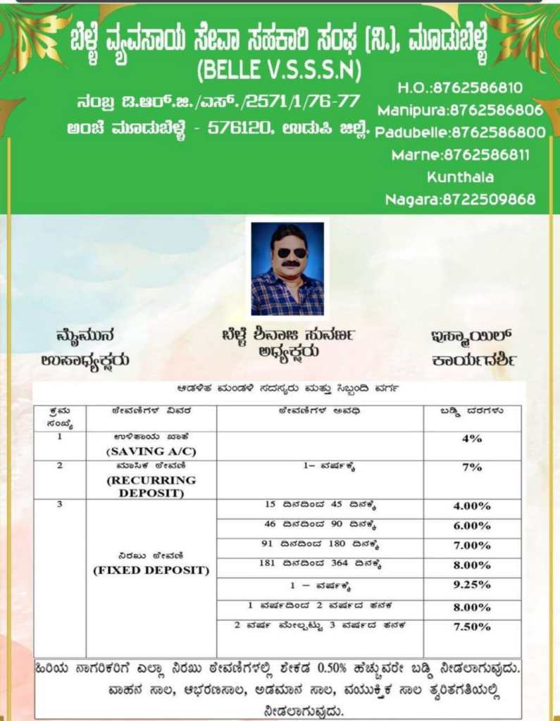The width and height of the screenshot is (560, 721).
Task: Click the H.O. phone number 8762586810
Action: point(460,88)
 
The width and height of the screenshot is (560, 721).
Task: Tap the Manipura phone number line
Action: point(460,110)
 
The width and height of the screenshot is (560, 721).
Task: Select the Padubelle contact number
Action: point(460,132)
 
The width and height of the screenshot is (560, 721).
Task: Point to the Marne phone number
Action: point(460,154)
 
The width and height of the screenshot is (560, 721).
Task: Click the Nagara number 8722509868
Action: point(460,199)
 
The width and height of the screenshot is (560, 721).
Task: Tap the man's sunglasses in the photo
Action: point(287,253)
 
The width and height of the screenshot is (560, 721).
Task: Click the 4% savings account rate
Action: point(472,439)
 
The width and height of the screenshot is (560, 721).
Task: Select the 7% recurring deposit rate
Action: point(472,467)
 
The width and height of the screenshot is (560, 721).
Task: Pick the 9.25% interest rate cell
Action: point(472,584)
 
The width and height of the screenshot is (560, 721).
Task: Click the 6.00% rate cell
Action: point(472,525)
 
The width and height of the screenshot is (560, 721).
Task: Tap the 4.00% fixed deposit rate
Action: point(472,506)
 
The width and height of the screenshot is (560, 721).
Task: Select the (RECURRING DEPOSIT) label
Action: point(151,486)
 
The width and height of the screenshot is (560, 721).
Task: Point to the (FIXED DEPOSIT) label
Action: point(151,570)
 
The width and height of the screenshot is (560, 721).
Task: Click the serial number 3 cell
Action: point(60,505)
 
